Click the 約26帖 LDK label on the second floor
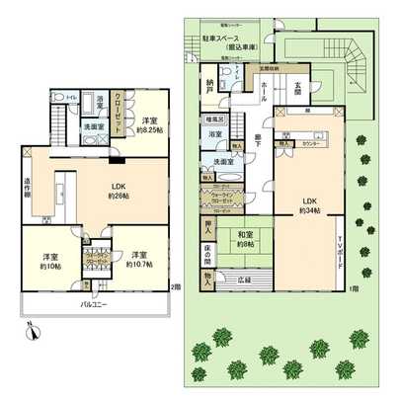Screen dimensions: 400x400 tap(101, 188)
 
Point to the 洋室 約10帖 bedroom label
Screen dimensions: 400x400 tap(49, 261)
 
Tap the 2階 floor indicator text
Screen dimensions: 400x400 tap(175, 287)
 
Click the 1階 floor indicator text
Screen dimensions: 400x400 tap(353, 287)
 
